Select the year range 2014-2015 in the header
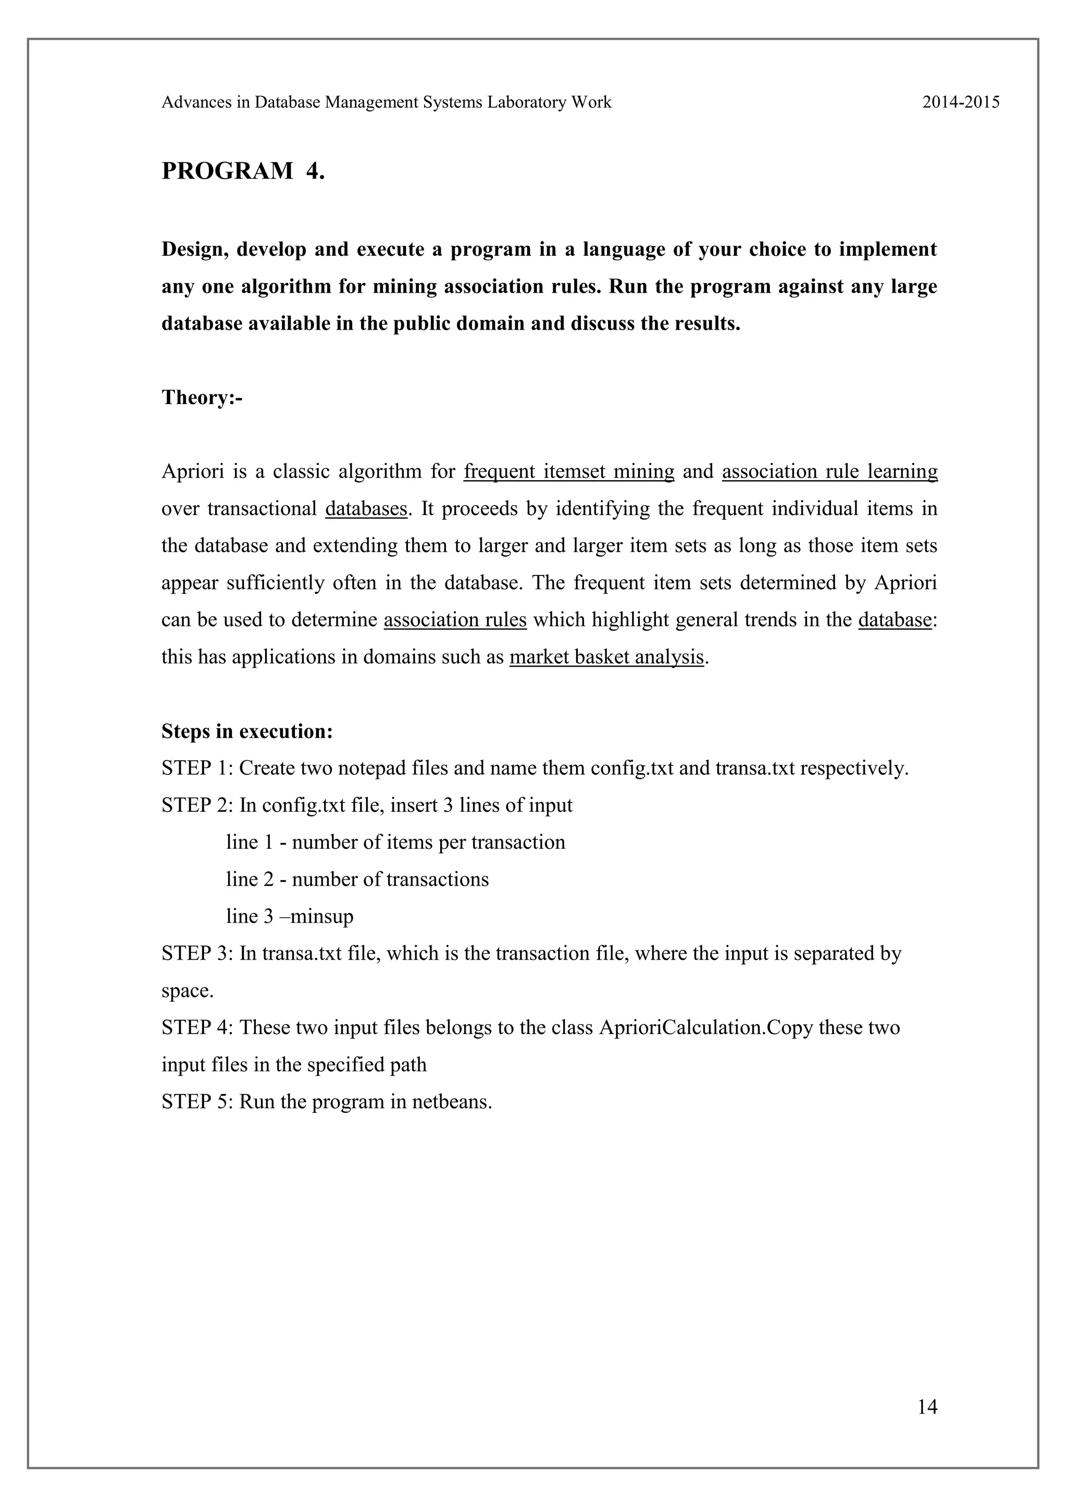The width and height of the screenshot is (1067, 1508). pyautogui.click(x=961, y=103)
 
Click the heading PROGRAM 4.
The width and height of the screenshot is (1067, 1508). pyautogui.click(x=243, y=171)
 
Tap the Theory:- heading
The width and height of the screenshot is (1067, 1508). pyautogui.click(x=202, y=398)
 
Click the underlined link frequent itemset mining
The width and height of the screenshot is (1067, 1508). pyautogui.click(x=569, y=472)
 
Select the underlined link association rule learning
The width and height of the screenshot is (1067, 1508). pyautogui.click(x=829, y=472)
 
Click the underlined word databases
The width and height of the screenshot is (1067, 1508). pyautogui.click(x=366, y=509)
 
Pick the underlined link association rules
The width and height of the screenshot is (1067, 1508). pyautogui.click(x=455, y=620)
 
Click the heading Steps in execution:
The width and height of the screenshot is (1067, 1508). pyautogui.click(x=247, y=731)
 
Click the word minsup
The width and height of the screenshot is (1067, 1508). pyautogui.click(x=321, y=916)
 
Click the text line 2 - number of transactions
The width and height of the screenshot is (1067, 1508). pyautogui.click(x=357, y=879)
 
